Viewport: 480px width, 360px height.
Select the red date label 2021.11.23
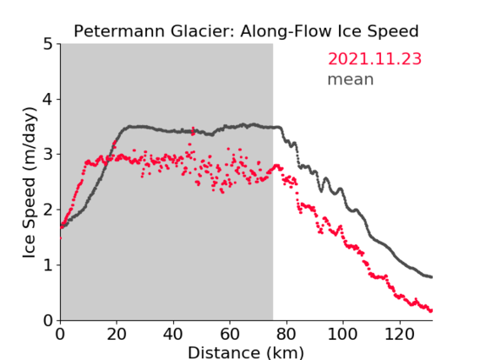pyautogui.click(x=374, y=59)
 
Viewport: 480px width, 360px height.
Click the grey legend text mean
pyautogui.click(x=351, y=79)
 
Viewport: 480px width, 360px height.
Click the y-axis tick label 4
pyautogui.click(x=48, y=99)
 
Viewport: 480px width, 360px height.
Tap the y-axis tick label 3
pyautogui.click(x=48, y=155)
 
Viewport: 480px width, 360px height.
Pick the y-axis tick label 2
pyautogui.click(x=48, y=210)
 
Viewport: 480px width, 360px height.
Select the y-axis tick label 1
pyautogui.click(x=48, y=265)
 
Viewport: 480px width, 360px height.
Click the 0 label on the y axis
pyautogui.click(x=48, y=320)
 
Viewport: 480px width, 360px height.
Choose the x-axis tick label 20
pyautogui.click(x=117, y=335)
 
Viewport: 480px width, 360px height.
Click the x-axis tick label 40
pyautogui.click(x=173, y=335)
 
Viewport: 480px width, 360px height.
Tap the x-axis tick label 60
pyautogui.click(x=230, y=335)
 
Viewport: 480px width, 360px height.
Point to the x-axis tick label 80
pyautogui.click(x=286, y=335)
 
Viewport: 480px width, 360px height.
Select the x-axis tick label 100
pyautogui.click(x=342, y=335)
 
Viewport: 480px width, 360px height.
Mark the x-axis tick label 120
pyautogui.click(x=400, y=335)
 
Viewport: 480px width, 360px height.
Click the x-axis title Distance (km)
pyautogui.click(x=246, y=352)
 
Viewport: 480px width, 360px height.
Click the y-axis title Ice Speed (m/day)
pyautogui.click(x=30, y=183)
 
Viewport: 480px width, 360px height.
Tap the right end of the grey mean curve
pyautogui.click(x=432, y=277)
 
